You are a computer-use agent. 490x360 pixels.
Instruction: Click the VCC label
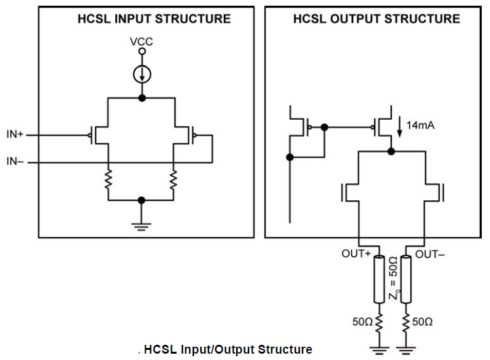(141, 42)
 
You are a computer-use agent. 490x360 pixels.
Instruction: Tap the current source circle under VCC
(142, 75)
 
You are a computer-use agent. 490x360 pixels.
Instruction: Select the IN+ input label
(15, 134)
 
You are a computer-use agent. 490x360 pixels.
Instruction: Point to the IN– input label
(15, 161)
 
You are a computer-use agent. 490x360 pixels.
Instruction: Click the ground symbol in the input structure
(141, 226)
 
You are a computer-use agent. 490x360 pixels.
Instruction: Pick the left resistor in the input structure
(108, 179)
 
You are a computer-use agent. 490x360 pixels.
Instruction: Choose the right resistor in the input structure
(173, 179)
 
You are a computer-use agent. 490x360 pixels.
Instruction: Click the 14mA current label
(420, 125)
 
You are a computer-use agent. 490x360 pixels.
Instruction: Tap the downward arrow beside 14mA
(399, 127)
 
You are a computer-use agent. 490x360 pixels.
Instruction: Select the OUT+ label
(356, 254)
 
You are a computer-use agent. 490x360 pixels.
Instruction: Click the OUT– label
(430, 254)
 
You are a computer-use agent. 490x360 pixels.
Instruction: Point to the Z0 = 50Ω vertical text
(394, 278)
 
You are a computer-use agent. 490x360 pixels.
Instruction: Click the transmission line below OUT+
(379, 279)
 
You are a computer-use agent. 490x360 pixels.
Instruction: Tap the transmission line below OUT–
(406, 279)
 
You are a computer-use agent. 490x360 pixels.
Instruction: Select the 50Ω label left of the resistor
(363, 321)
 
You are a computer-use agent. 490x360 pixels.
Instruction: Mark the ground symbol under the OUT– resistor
(406, 350)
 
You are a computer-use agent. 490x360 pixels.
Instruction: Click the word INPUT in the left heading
(133, 19)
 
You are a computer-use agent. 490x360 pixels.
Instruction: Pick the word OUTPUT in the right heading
(356, 19)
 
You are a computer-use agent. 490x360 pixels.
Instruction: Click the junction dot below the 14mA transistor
(390, 151)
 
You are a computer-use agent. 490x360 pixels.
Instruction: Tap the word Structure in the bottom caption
(285, 349)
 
